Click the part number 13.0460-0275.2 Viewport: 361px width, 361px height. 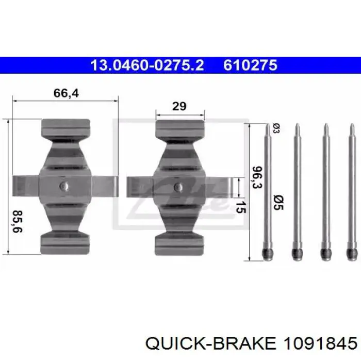coord(147,65)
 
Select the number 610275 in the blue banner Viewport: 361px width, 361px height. coord(250,65)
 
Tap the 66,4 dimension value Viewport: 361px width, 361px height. coord(66,93)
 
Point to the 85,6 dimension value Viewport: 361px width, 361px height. coord(18,221)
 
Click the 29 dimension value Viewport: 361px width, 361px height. coord(179,106)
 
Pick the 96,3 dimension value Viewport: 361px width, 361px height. coord(257,177)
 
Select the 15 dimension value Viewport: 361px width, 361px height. coord(241,207)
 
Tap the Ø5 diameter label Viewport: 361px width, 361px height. coord(278,202)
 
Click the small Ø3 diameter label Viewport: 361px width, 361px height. coord(276,128)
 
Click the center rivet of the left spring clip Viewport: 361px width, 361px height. coord(64,186)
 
